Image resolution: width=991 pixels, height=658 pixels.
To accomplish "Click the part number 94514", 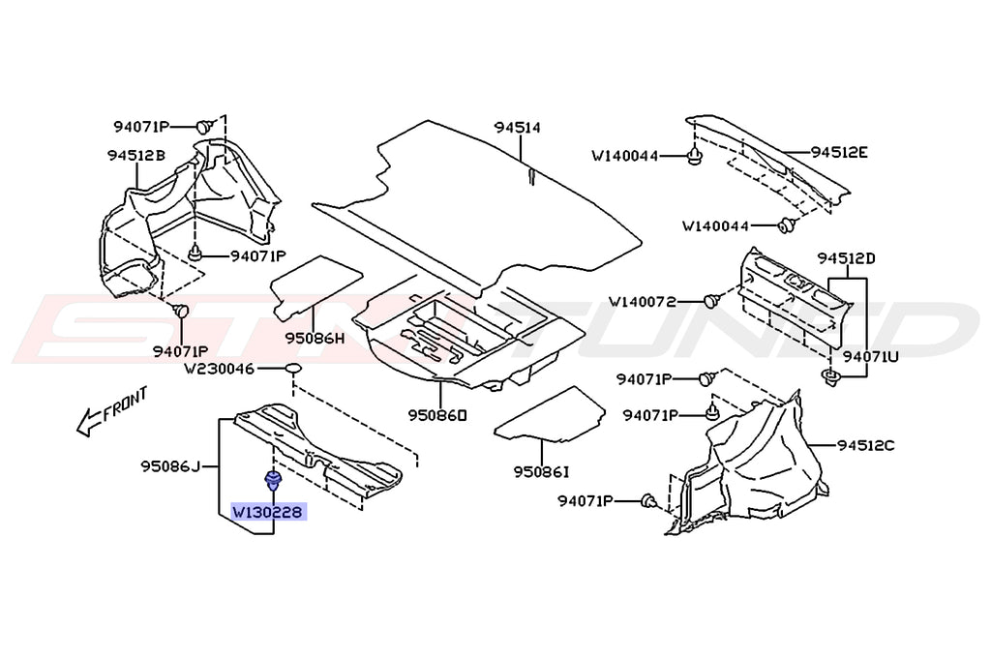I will pyautogui.click(x=517, y=128).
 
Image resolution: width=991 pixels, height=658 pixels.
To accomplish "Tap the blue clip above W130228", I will pyautogui.click(x=274, y=478).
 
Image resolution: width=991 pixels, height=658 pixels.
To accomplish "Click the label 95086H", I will pyautogui.click(x=315, y=339).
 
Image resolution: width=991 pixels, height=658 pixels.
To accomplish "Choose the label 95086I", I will pyautogui.click(x=541, y=471).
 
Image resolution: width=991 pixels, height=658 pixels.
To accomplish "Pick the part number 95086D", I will pyautogui.click(x=437, y=415).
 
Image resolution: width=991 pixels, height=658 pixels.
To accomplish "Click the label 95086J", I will pyautogui.click(x=170, y=467).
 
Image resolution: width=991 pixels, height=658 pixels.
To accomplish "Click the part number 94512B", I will pyautogui.click(x=135, y=155).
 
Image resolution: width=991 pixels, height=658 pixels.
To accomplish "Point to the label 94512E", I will pyautogui.click(x=839, y=152).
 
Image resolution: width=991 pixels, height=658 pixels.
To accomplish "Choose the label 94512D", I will pyautogui.click(x=846, y=258).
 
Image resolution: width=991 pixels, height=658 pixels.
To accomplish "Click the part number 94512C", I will pyautogui.click(x=866, y=446).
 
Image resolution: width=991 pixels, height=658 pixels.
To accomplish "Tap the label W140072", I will pyautogui.click(x=656, y=301).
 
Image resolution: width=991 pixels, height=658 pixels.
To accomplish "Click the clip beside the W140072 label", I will pyautogui.click(x=711, y=301).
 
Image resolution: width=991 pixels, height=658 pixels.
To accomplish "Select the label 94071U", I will pyautogui.click(x=870, y=356).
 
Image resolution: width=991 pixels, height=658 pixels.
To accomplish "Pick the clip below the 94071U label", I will pyautogui.click(x=830, y=377).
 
